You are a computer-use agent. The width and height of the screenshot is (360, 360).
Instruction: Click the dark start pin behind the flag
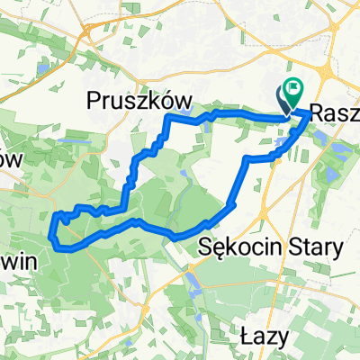[x=283, y=100]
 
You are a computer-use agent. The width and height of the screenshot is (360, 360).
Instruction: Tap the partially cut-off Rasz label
[x=334, y=114]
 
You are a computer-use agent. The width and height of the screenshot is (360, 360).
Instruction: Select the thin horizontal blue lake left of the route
[x=42, y=68]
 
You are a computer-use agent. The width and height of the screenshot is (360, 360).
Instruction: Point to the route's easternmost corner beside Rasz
[x=310, y=114]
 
